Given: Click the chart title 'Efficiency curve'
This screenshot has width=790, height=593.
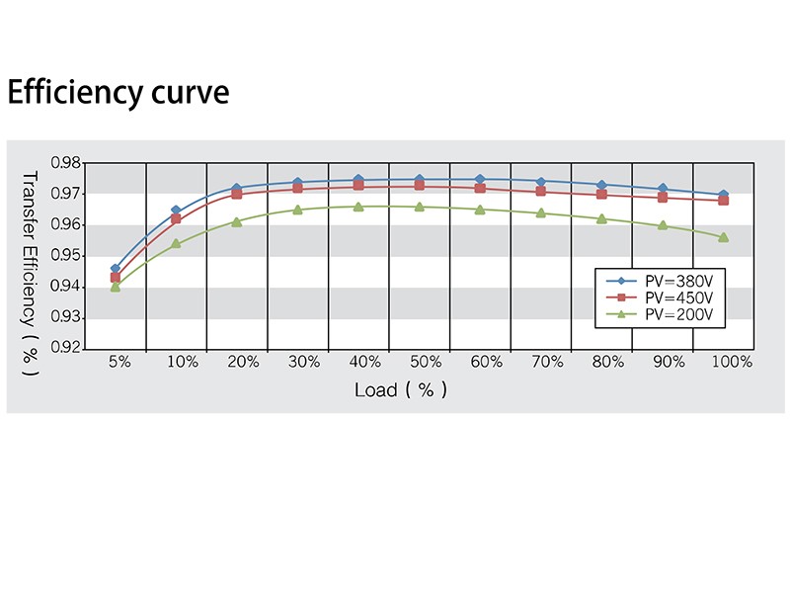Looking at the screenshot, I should tap(118, 93).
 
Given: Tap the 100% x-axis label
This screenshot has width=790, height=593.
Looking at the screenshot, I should tap(732, 363).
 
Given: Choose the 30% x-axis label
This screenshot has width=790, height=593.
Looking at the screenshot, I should tap(303, 363).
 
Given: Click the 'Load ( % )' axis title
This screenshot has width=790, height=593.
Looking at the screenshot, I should tap(401, 389).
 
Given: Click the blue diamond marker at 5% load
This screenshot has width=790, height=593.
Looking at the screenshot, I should tap(116, 269).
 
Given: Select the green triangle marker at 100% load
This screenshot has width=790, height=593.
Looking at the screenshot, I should tap(724, 237).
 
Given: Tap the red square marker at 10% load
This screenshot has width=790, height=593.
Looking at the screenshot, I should tap(176, 218).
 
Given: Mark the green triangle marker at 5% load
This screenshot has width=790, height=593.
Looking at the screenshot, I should tap(116, 287).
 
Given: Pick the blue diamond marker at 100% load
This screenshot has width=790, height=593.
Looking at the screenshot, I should tap(724, 195).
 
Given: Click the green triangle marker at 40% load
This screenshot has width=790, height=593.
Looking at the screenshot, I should tap(358, 207).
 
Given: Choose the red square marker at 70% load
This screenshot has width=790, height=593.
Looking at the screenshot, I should tap(541, 191).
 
